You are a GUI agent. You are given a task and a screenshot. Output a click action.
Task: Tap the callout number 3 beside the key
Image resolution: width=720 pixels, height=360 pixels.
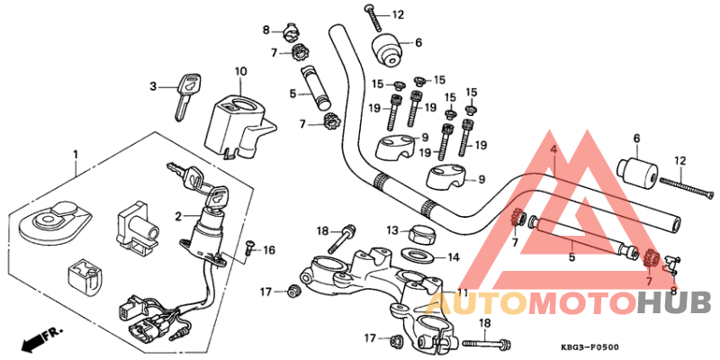tap(154, 86)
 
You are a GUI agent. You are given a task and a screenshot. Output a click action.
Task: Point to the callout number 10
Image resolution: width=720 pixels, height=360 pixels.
tap(240, 71)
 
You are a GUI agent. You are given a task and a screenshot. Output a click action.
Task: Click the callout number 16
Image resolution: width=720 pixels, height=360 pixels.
tap(268, 249)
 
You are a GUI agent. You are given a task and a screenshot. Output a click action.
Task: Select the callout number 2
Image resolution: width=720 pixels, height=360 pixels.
tap(178, 216)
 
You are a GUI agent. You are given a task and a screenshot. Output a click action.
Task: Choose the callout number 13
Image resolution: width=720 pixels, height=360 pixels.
tap(393, 230)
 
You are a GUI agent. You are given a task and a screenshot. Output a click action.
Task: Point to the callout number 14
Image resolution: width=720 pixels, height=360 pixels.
tap(454, 257)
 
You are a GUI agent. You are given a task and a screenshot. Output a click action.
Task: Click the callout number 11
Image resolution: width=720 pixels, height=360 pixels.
tap(462, 293)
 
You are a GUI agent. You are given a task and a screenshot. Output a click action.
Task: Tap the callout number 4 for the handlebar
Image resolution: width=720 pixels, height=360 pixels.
tap(554, 149)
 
